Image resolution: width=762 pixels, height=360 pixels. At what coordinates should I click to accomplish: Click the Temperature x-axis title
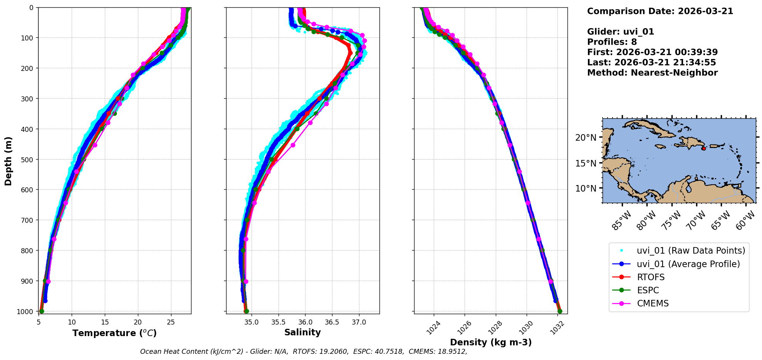click(x=114, y=333)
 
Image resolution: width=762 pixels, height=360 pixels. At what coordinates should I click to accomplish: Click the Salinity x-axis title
click(x=302, y=332)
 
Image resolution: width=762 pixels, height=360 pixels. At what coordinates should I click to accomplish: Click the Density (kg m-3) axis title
click(x=491, y=342)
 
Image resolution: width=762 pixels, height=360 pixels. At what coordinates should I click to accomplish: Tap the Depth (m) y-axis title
click(x=8, y=161)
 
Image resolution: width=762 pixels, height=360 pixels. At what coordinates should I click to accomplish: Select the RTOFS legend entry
click(x=651, y=277)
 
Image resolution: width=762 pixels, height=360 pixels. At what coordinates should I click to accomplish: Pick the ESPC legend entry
click(x=648, y=290)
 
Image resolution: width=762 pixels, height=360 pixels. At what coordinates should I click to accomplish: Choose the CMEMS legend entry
click(x=653, y=303)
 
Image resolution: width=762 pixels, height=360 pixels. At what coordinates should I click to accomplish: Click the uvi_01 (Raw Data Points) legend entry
click(x=691, y=251)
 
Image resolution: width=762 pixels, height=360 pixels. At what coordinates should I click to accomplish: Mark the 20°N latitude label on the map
click(x=586, y=138)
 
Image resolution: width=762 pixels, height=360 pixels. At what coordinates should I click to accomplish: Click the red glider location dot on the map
click(x=703, y=148)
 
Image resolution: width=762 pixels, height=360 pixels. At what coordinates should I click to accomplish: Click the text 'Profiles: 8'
click(x=612, y=42)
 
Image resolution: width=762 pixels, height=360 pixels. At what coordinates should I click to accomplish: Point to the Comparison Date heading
click(x=660, y=11)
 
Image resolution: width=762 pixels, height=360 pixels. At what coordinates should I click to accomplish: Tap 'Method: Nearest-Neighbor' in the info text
click(x=652, y=73)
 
